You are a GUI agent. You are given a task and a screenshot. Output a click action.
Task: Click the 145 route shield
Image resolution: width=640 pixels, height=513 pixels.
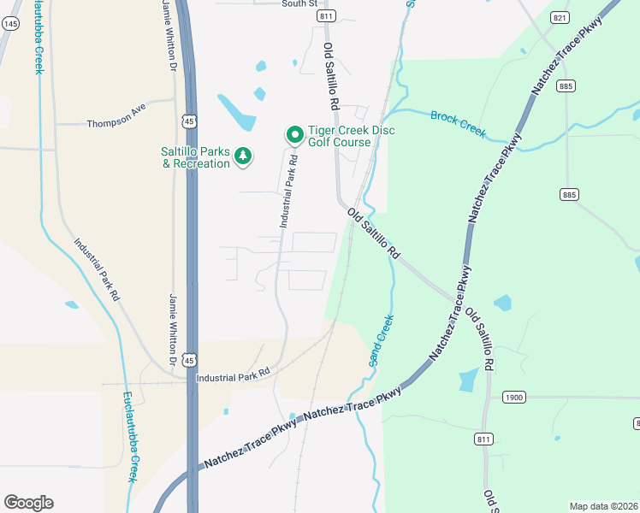click(x=10, y=24)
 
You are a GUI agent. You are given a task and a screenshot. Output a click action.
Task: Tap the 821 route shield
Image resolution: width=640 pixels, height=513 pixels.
click(x=560, y=17)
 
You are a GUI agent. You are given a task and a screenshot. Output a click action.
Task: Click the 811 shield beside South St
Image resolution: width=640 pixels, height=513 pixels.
click(x=324, y=16)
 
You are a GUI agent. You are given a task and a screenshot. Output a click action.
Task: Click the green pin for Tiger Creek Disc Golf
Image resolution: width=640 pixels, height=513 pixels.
click(x=294, y=134)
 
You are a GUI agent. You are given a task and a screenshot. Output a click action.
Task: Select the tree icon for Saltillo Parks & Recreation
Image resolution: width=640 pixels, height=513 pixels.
click(x=244, y=156)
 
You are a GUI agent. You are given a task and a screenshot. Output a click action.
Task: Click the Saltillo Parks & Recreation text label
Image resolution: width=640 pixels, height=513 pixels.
click(x=196, y=157)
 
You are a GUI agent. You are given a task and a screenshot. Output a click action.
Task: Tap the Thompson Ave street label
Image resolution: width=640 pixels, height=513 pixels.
click(x=117, y=123)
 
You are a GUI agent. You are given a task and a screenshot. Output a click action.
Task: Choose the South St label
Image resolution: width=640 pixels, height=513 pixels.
click(x=299, y=3)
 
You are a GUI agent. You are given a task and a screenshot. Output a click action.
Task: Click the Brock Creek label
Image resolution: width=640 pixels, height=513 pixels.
click(x=458, y=123)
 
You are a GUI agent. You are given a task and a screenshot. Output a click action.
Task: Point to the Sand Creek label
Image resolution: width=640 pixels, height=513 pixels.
click(x=382, y=340)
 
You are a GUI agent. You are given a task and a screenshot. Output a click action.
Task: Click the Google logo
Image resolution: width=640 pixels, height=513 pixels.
click(x=28, y=503)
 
